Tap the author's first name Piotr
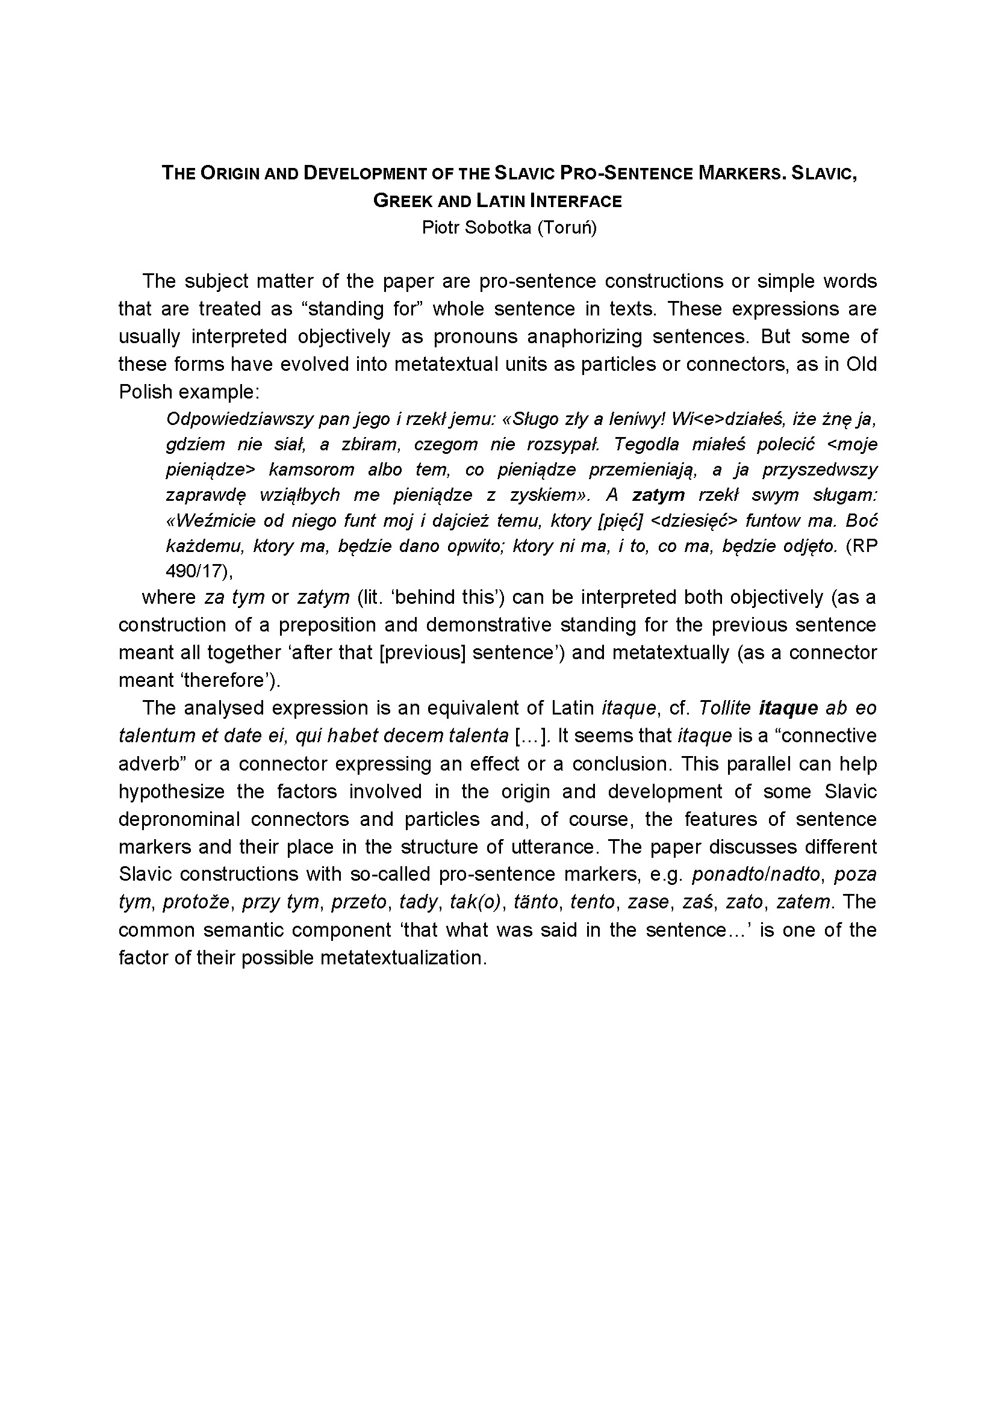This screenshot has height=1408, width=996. pos(440,228)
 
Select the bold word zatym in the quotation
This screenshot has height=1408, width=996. pos(658,495)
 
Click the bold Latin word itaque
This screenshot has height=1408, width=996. pos(788,709)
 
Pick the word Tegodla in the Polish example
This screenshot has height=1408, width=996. pos(652,444)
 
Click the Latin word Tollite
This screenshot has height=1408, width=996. pos(724,709)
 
